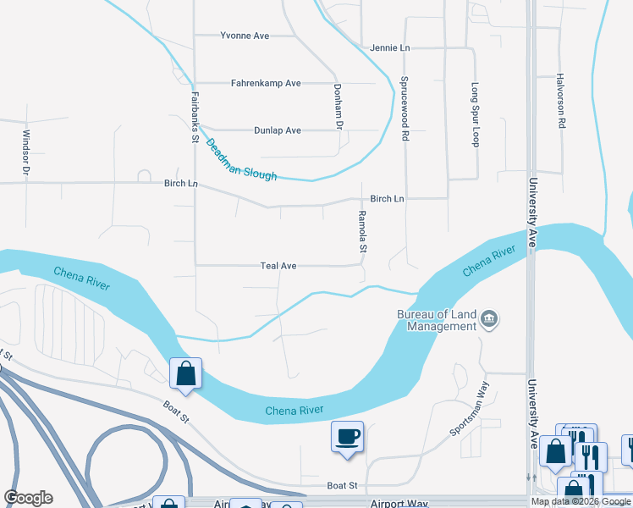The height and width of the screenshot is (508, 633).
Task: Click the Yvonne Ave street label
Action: pos(245,36)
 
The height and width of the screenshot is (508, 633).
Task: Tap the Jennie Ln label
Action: pos(389,47)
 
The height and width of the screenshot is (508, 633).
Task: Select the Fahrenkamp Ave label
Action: pos(267,83)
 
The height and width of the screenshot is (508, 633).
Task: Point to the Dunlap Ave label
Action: pos(278,130)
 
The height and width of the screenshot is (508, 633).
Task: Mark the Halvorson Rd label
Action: pos(560,101)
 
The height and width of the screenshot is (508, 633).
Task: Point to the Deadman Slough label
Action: pos(241,159)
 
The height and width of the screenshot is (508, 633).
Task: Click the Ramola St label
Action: pos(361,232)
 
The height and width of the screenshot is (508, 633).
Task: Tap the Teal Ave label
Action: pos(278,266)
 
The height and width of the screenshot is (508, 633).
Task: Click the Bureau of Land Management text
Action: pos(437,320)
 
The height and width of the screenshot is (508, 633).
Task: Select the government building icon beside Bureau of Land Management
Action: pos(489,319)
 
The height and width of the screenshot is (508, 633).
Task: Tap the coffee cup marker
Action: pos(347,437)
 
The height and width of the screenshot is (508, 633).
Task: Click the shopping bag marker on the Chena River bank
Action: pos(185,373)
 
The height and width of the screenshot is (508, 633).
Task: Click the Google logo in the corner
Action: pos(28,498)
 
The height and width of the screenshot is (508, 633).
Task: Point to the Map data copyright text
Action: pos(581,501)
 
